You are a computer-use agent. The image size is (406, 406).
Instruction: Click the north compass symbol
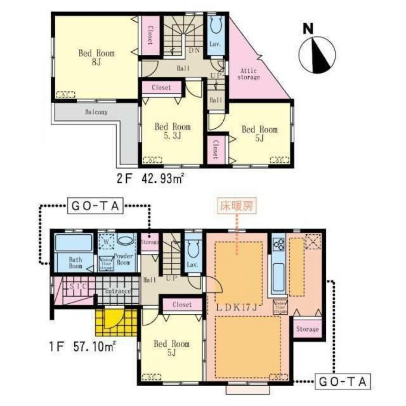tap(317, 53)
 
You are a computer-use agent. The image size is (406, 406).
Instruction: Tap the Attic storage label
tap(248, 74)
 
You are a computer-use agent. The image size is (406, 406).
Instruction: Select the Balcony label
tap(96, 112)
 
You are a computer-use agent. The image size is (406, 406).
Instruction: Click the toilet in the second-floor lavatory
tap(215, 26)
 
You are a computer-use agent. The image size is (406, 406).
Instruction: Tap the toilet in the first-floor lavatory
tap(192, 247)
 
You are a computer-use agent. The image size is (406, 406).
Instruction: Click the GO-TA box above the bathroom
tap(95, 206)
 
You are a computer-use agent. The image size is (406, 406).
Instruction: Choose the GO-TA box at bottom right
tap(343, 382)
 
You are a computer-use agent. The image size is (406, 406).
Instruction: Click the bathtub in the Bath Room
tap(73, 243)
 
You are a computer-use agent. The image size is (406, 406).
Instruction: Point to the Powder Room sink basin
tap(125, 240)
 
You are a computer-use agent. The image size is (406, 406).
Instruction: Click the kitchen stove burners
tap(279, 244)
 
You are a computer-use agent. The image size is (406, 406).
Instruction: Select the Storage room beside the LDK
tap(307, 329)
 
